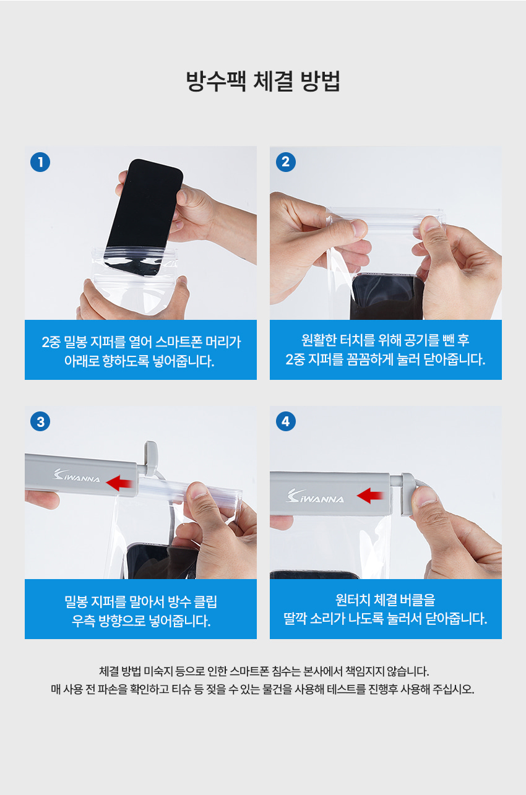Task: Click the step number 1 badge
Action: point(40,162)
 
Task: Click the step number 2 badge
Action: point(285,162)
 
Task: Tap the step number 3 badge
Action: point(40,421)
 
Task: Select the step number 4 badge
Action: point(285,421)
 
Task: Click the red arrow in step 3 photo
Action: point(119,483)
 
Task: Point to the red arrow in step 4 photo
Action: point(370,496)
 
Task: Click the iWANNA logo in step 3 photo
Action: point(76,475)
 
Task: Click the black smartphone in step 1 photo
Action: point(144,217)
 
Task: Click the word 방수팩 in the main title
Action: point(216,81)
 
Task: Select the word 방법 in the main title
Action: point(320,81)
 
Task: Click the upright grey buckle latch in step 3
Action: point(150,458)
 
